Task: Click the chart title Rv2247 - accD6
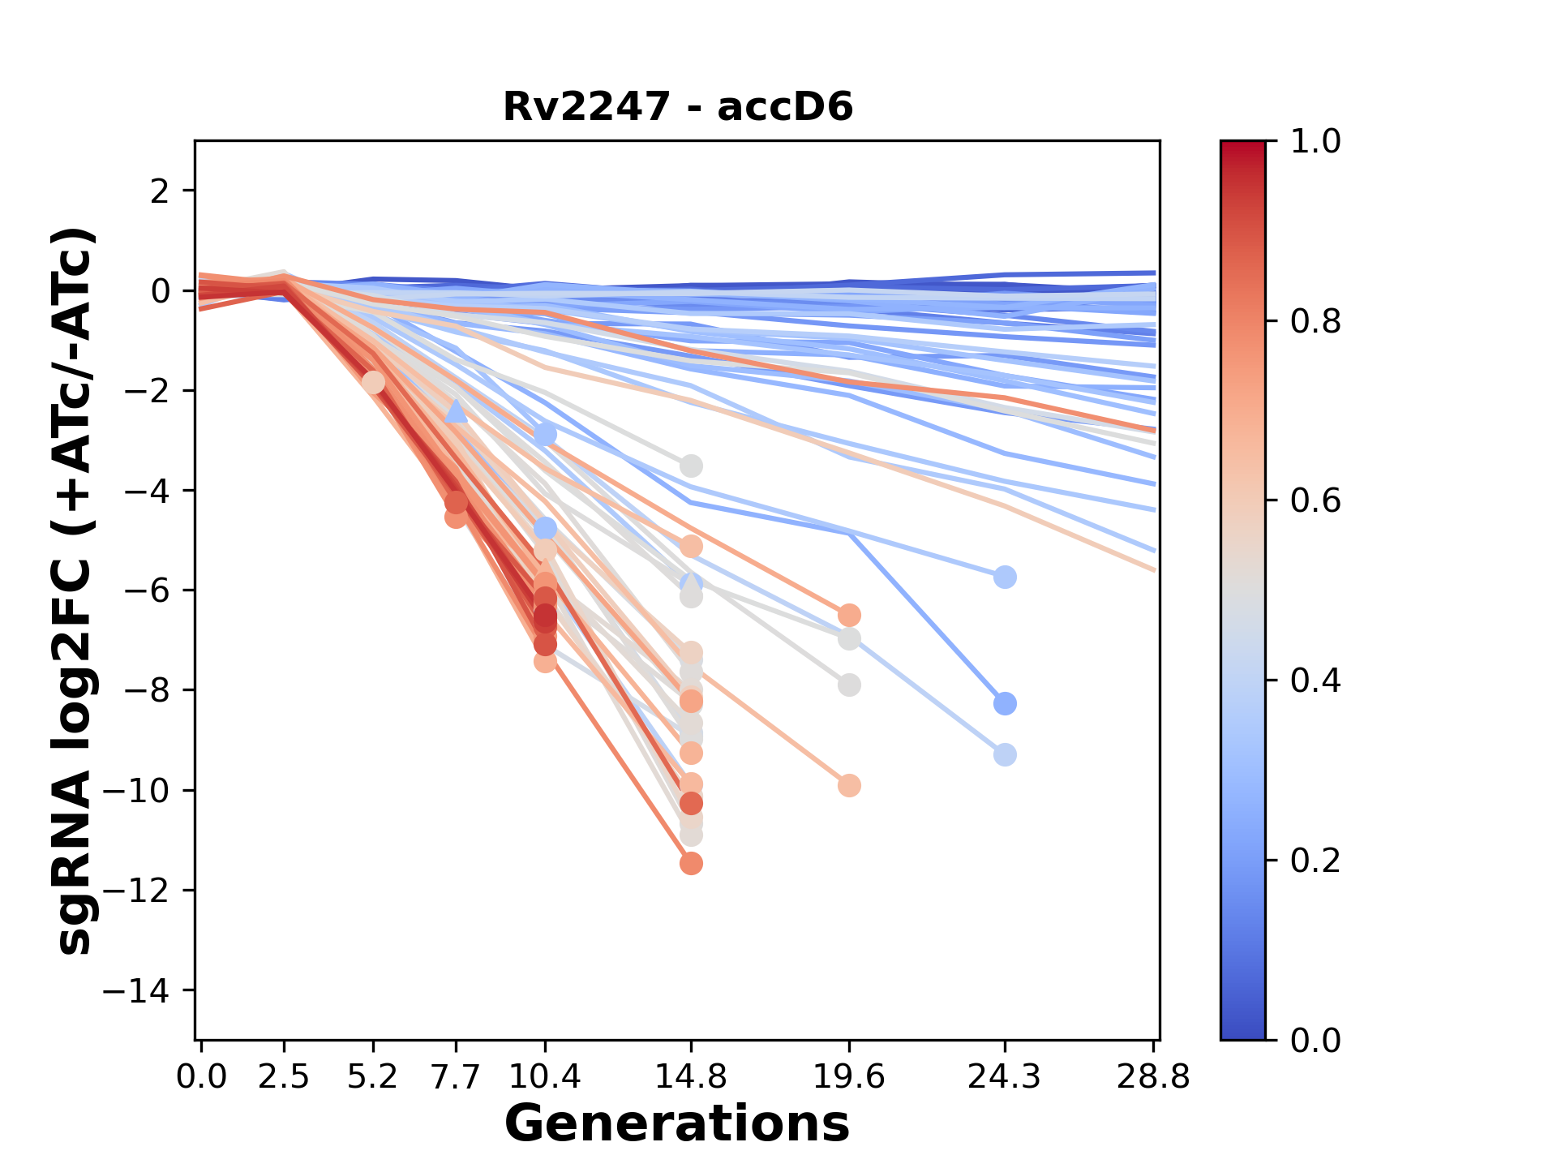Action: click(x=678, y=107)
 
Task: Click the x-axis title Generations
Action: click(x=677, y=1124)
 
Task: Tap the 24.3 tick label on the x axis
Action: click(x=1005, y=1076)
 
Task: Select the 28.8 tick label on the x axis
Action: click(x=1154, y=1076)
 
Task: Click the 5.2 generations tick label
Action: click(x=373, y=1076)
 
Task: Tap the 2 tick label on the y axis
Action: click(x=160, y=191)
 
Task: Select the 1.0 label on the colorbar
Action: click(x=1315, y=142)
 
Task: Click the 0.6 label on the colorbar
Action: click(x=1315, y=501)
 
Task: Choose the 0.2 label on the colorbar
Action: click(x=1315, y=861)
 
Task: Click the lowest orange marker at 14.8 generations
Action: click(x=691, y=864)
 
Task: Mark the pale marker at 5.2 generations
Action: click(x=373, y=383)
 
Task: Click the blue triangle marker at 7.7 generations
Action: click(x=457, y=412)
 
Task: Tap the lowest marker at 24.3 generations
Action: click(x=1005, y=755)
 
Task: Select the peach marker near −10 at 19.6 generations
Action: click(x=849, y=785)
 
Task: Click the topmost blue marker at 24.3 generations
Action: click(x=1005, y=578)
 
